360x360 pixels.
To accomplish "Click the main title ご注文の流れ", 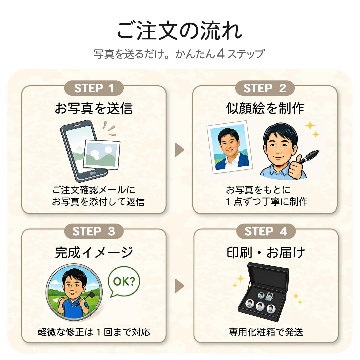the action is (180, 31).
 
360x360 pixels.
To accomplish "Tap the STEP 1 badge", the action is (94, 88).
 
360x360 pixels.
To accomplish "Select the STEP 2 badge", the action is (265, 88).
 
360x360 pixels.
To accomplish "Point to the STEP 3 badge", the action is (94, 231).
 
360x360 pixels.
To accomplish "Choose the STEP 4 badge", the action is (266, 231).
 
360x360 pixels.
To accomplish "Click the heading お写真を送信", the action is (94, 108).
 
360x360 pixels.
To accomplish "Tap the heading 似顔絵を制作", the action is (265, 108).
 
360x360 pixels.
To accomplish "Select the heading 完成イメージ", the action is (94, 252).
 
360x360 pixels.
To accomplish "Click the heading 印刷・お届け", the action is (266, 252).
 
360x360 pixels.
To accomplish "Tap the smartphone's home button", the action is (93, 173).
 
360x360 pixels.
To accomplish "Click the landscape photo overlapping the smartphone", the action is (101, 155).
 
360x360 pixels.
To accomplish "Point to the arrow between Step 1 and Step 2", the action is (179, 150).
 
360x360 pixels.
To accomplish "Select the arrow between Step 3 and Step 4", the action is (179, 286).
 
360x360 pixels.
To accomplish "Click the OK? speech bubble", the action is (124, 281).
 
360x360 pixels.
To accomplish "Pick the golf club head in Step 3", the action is (91, 295).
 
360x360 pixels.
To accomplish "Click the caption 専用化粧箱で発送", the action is (266, 332).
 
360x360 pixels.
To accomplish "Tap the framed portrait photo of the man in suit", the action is (230, 147).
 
